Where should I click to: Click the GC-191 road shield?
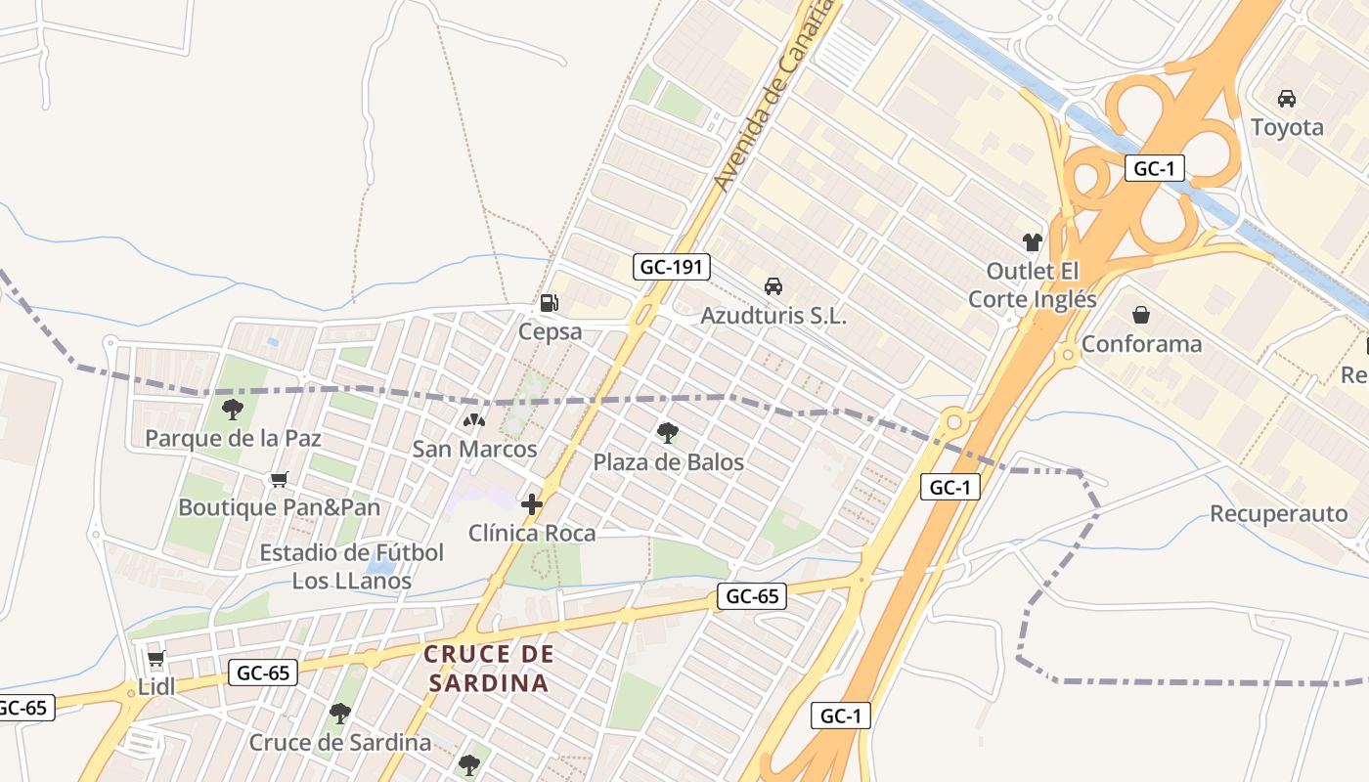pos(671,267)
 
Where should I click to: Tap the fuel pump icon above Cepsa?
pos(550,303)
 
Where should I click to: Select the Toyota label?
pos(1287,127)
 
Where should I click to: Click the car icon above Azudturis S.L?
pos(773,286)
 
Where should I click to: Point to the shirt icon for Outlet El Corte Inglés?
pos(1033,241)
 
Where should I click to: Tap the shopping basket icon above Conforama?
pos(1141,315)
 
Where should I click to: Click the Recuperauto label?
pos(1278,514)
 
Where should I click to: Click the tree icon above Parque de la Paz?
pos(233,409)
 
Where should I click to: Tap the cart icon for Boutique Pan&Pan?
pos(280,479)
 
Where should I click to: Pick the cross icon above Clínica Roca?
pos(532,504)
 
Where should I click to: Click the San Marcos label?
pos(474,450)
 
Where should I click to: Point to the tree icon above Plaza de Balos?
pos(668,432)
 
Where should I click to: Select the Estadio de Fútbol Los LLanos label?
pos(352,567)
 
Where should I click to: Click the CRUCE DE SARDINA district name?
pos(489,668)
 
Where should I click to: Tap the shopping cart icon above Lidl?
pos(155,658)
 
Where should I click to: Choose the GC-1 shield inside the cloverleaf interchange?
pos(1154,168)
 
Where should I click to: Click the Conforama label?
pos(1141,344)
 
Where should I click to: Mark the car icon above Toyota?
pos(1287,99)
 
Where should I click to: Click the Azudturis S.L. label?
pos(773,316)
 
